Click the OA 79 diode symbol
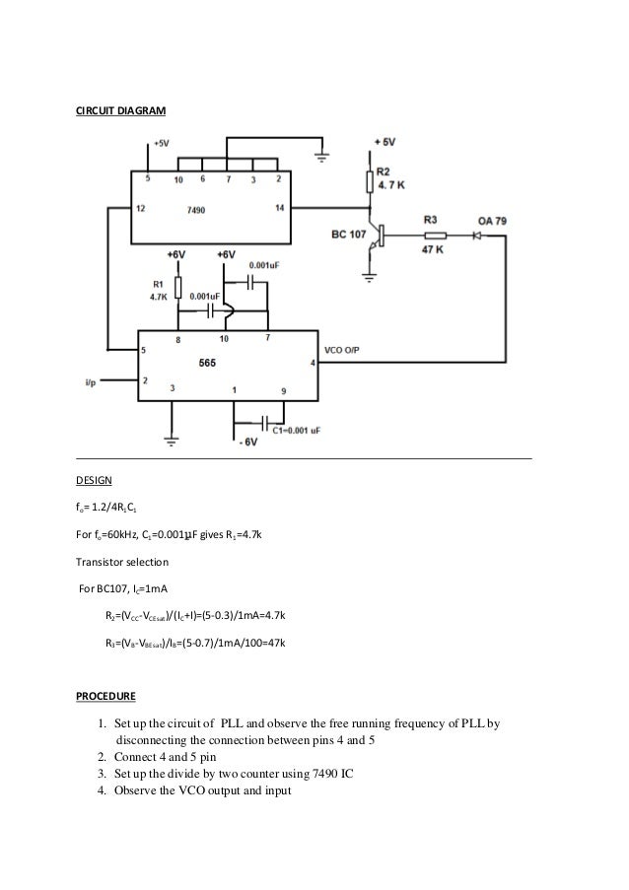tap(476, 235)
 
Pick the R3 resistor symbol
tap(433, 235)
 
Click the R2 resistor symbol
tap(370, 181)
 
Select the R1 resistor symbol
tap(177, 286)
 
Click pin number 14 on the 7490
tap(279, 208)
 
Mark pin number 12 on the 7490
tap(141, 208)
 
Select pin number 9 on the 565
tap(284, 390)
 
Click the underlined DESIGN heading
tap(95, 483)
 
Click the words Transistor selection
tap(122, 563)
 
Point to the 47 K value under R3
tap(433, 250)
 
